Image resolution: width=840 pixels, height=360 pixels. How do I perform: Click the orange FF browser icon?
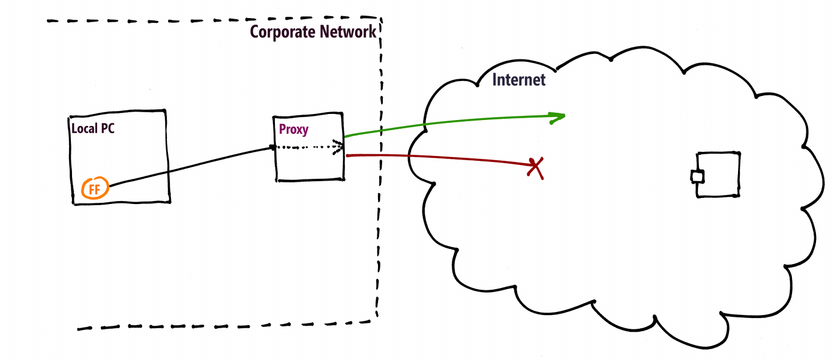[95, 189]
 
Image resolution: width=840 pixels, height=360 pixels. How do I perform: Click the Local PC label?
[93, 128]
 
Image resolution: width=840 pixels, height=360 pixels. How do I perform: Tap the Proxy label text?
[293, 128]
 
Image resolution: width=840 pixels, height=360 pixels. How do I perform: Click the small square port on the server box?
[697, 176]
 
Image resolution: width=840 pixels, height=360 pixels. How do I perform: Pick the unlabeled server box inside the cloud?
[720, 174]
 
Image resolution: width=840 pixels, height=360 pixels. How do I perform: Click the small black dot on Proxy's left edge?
[273, 147]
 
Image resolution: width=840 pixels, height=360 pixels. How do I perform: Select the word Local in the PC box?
[83, 128]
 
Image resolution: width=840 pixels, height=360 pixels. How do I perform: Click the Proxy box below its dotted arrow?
[309, 165]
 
